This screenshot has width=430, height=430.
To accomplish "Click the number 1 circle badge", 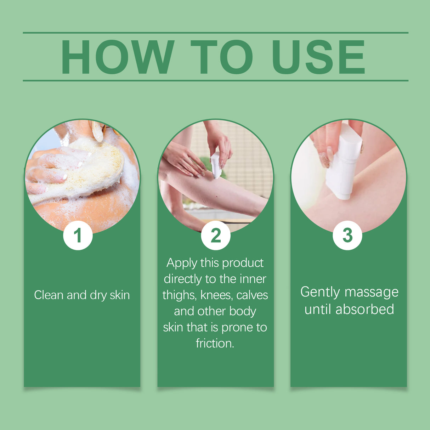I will [x=78, y=235].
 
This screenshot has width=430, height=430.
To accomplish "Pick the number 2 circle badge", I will [x=215, y=235].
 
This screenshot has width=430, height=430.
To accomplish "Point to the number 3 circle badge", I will [x=347, y=235].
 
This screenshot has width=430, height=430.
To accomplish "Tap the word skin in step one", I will [x=119, y=295].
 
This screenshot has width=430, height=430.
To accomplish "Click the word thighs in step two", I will [x=179, y=295].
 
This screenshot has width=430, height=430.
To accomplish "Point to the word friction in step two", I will [x=214, y=343].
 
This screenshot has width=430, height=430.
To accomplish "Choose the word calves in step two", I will [x=252, y=295].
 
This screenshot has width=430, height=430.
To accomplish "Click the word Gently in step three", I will [x=320, y=292].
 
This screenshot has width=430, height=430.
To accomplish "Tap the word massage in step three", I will [x=372, y=293].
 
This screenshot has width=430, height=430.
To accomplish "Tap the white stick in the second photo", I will [x=216, y=165].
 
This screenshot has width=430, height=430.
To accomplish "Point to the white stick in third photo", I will [x=342, y=163].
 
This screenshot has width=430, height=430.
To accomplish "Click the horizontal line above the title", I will [x=215, y=33].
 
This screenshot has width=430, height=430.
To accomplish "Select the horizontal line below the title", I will [x=215, y=80].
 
